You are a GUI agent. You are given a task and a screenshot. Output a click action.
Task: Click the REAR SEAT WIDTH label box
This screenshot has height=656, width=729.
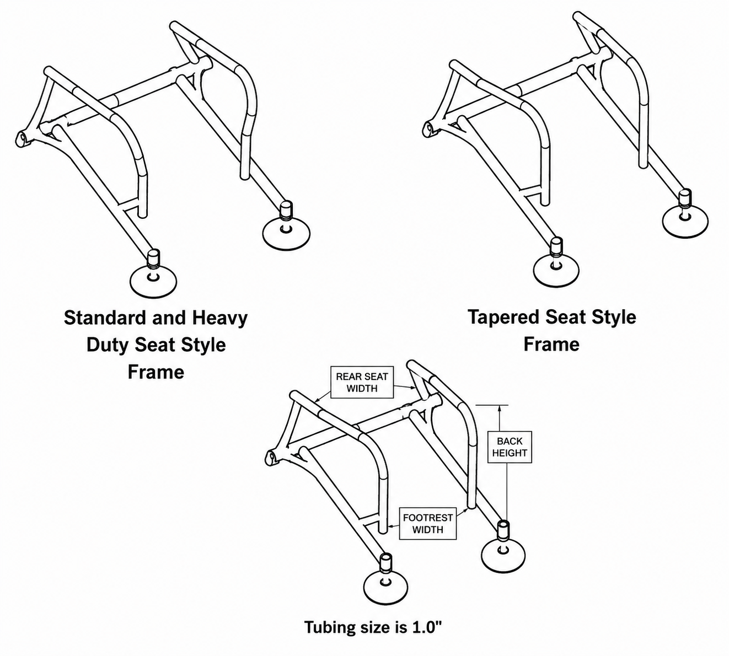pyautogui.click(x=362, y=382)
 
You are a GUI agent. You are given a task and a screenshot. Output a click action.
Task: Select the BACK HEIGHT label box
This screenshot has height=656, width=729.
pyautogui.click(x=510, y=447)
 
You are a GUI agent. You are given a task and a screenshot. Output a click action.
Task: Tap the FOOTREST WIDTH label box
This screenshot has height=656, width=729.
pyautogui.click(x=428, y=524)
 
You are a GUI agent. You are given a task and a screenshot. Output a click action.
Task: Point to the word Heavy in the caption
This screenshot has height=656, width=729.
pyautogui.click(x=220, y=318)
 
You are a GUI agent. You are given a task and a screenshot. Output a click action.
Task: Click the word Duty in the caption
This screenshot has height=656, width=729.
pyautogui.click(x=108, y=345)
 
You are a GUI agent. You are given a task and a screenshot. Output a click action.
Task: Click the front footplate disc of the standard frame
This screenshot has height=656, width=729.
pyautogui.click(x=153, y=282)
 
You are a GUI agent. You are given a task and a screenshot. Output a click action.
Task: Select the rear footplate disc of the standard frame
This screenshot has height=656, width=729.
pyautogui.click(x=286, y=233)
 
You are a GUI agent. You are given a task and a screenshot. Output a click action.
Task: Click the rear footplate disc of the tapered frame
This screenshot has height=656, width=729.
pyautogui.click(x=685, y=222)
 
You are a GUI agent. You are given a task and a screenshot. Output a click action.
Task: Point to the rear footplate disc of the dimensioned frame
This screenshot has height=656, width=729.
pyautogui.click(x=503, y=554)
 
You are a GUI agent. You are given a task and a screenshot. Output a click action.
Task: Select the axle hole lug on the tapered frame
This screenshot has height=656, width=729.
pyautogui.click(x=430, y=129)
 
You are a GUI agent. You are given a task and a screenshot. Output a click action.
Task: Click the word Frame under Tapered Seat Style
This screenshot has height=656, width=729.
pyautogui.click(x=551, y=345)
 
